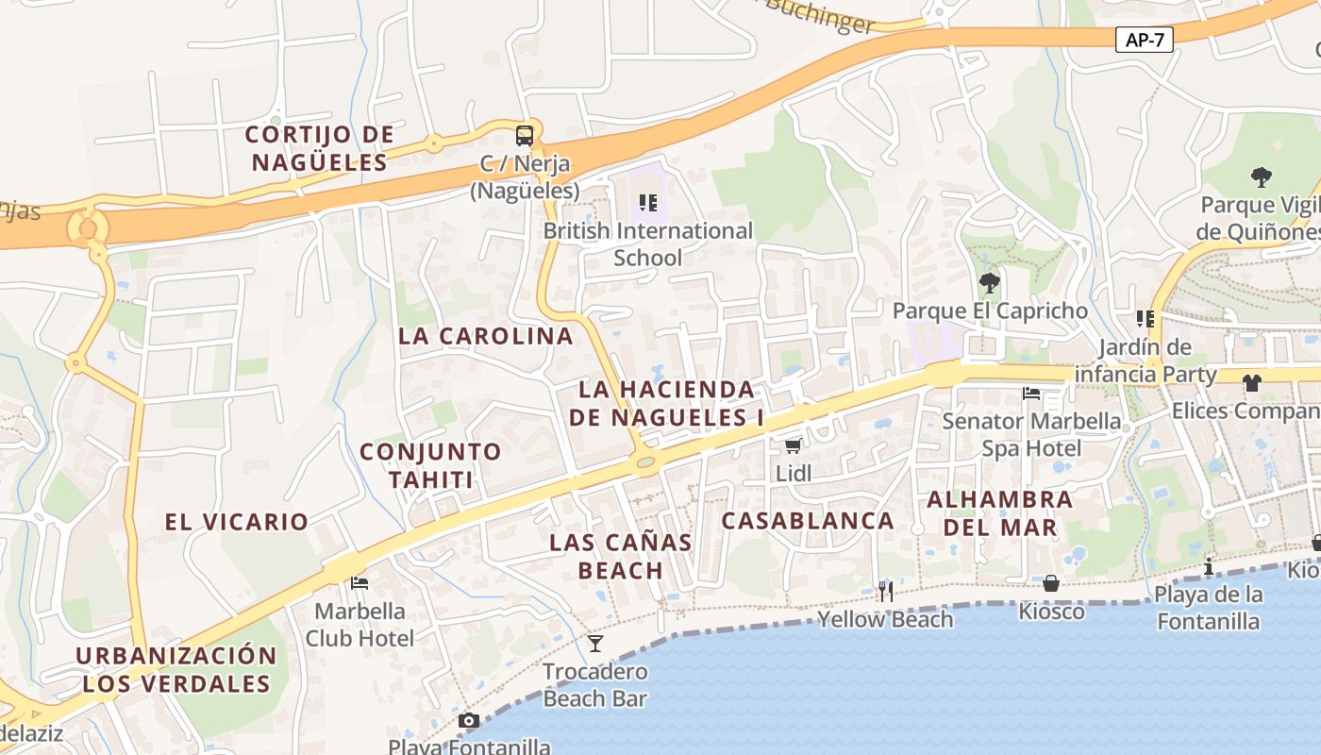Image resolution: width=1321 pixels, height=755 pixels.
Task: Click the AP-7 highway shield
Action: tap(1144, 40)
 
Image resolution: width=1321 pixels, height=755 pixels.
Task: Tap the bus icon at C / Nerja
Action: tap(525, 135)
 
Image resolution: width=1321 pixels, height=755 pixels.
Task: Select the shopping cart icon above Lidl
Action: tap(794, 445)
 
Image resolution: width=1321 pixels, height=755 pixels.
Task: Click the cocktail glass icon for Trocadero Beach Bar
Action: tap(595, 644)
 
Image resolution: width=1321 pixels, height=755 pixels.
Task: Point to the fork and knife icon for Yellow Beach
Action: tap(885, 592)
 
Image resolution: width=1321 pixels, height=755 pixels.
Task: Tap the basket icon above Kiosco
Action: tap(1051, 583)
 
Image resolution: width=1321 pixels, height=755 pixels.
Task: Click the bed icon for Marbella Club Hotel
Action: tap(360, 583)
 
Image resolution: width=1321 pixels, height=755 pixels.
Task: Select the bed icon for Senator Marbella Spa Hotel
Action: tap(1031, 393)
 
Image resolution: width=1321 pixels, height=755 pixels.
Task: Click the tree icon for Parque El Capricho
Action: tap(989, 282)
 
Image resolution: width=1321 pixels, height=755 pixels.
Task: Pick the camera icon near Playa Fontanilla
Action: tap(469, 721)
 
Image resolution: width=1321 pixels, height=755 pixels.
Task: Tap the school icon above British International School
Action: tap(647, 202)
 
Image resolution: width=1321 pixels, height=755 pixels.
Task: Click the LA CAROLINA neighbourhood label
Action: tap(486, 336)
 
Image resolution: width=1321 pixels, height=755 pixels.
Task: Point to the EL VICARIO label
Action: tap(237, 522)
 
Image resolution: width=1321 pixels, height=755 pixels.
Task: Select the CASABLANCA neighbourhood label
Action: tap(808, 521)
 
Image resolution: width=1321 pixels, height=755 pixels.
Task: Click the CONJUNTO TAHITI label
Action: tap(430, 465)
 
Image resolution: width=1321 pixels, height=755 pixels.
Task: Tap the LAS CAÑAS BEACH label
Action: tap(621, 557)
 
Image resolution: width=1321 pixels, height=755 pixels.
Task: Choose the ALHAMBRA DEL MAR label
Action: tap(1000, 513)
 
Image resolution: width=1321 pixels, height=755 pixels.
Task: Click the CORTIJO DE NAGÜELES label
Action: tap(319, 148)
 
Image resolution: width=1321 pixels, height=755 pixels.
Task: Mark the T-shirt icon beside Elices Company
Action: tap(1251, 383)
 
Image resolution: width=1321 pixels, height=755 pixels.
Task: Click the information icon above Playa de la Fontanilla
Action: tap(1209, 566)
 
